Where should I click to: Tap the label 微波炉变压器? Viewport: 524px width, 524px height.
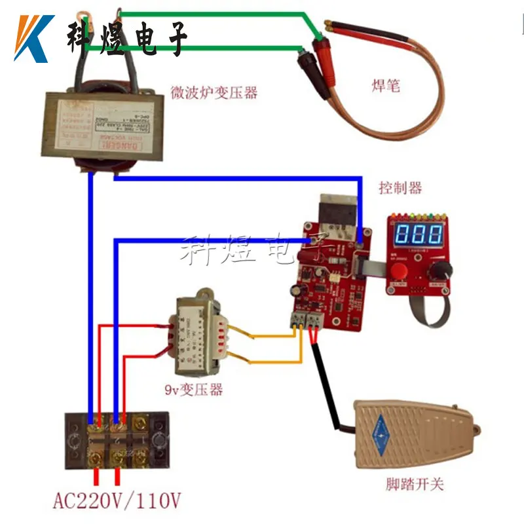(x=214, y=92)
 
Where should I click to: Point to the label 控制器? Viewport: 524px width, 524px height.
(x=400, y=188)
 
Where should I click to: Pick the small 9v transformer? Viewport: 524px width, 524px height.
(x=200, y=331)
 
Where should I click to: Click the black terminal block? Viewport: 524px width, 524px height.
(x=117, y=439)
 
